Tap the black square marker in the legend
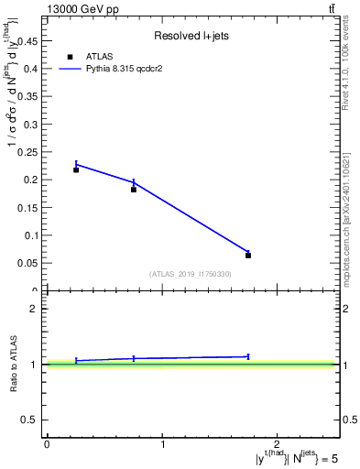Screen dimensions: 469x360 coord(70,56)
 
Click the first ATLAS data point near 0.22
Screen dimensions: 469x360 coord(76,169)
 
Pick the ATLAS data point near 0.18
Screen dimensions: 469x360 coord(134,190)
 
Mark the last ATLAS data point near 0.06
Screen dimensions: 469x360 coord(248,256)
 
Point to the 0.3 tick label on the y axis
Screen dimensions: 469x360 coord(32,124)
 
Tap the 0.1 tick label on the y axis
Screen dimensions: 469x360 coord(32,235)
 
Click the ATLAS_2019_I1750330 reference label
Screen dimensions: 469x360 coord(191,274)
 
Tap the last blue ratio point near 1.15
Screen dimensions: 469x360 coord(248,356)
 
